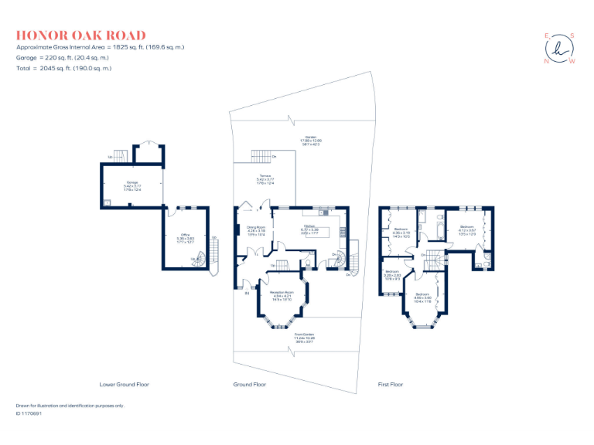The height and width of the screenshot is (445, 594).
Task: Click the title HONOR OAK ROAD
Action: (80, 36)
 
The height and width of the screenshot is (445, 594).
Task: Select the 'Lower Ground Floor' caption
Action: (125, 384)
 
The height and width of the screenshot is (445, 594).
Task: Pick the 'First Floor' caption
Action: (391, 384)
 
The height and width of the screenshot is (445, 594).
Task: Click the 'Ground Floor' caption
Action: (250, 384)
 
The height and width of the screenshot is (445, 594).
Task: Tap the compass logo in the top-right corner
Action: (560, 49)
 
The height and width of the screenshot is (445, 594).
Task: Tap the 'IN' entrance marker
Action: (247, 293)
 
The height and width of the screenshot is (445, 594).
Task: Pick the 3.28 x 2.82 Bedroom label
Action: (392, 274)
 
